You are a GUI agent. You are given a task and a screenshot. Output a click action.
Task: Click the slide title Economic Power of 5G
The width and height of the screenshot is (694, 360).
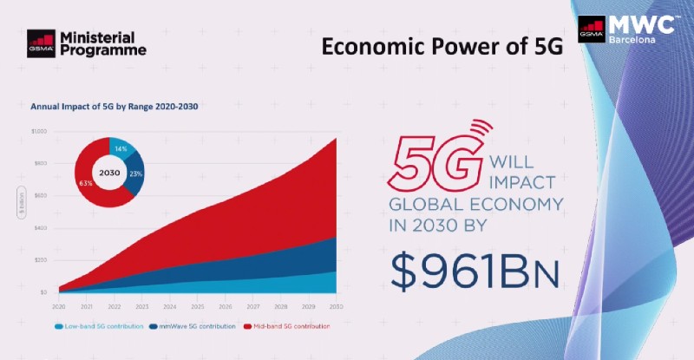click(442, 47)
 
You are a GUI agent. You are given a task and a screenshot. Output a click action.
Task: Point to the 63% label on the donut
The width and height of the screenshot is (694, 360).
click(85, 184)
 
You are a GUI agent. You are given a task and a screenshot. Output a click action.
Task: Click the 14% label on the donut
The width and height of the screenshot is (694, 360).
click(121, 149)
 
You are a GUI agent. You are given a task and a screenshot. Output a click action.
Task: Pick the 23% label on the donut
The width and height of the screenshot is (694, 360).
click(135, 173)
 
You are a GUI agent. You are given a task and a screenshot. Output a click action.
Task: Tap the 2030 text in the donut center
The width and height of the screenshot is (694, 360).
click(108, 172)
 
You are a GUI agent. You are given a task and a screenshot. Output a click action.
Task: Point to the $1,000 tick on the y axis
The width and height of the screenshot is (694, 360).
click(38, 132)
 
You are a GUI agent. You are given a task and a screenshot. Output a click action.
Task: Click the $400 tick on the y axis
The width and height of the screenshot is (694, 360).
click(40, 228)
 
